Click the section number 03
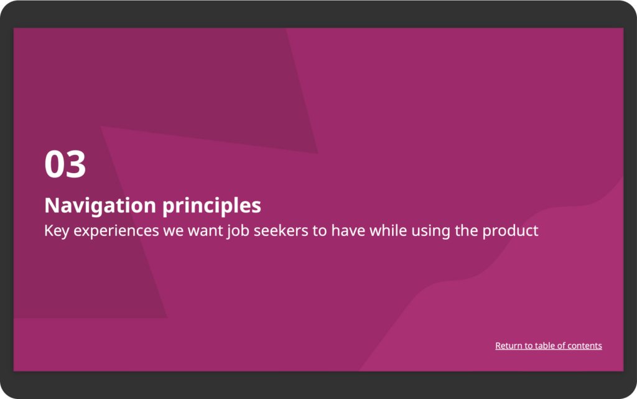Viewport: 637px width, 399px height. pos(65,164)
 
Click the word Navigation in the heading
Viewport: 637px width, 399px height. pos(100,205)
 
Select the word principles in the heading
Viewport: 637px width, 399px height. pos(212,206)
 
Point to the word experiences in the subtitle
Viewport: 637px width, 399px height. pos(116,231)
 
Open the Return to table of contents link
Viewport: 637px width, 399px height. pos(549,345)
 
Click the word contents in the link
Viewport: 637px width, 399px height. pos(585,345)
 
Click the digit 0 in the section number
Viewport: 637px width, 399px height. pos(55,164)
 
